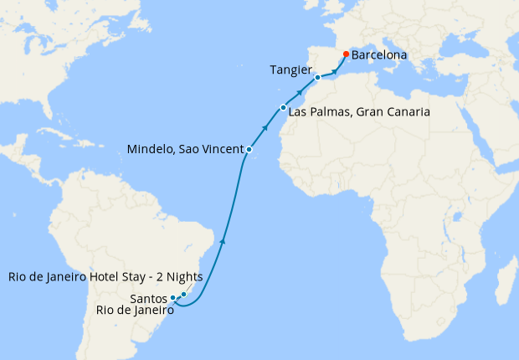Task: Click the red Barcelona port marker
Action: pos(345,54)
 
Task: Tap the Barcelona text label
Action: pos(379,55)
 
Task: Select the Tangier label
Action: pos(291,69)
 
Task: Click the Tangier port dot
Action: pos(317,77)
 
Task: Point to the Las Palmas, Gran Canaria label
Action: pos(359,111)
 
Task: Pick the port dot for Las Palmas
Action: pos(283,108)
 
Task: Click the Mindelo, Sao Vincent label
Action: pos(184,149)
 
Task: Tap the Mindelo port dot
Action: pos(249,149)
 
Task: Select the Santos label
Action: pos(149,297)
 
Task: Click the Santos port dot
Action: pos(173,297)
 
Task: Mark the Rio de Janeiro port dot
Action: pos(183,294)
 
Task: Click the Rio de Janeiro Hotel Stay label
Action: pos(93,277)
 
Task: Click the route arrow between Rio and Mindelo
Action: pos(222,241)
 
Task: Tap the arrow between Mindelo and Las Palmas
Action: pos(265,128)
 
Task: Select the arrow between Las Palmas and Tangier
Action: pos(300,91)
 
